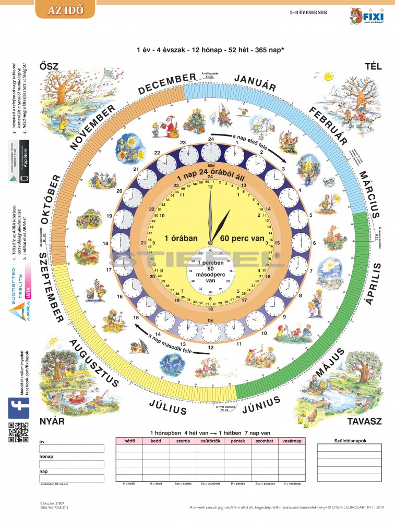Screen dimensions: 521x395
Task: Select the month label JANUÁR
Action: (255, 83)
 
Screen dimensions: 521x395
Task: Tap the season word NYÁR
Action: (52, 420)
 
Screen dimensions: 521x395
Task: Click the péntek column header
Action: (237, 441)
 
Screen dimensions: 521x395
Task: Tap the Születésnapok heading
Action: (349, 440)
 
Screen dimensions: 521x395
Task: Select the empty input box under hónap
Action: (71, 464)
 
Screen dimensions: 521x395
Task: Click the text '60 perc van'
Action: (240, 238)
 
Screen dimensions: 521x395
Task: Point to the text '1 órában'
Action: (181, 238)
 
